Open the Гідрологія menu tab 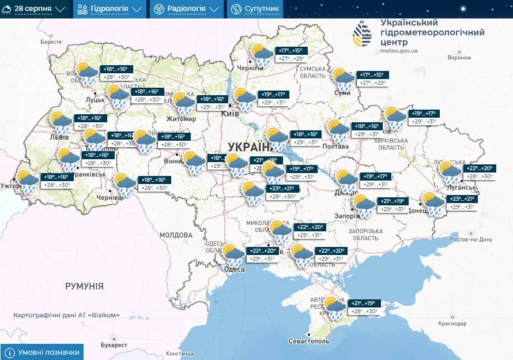tap(109, 9)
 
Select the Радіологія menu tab tap(186, 9)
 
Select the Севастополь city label tap(310, 341)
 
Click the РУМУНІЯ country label tap(84, 286)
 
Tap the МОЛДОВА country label tap(175, 235)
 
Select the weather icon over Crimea tap(335, 307)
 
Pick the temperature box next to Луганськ tap(478, 172)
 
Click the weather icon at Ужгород tap(27, 181)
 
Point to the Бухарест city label tap(113, 344)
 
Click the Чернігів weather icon tap(262, 55)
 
